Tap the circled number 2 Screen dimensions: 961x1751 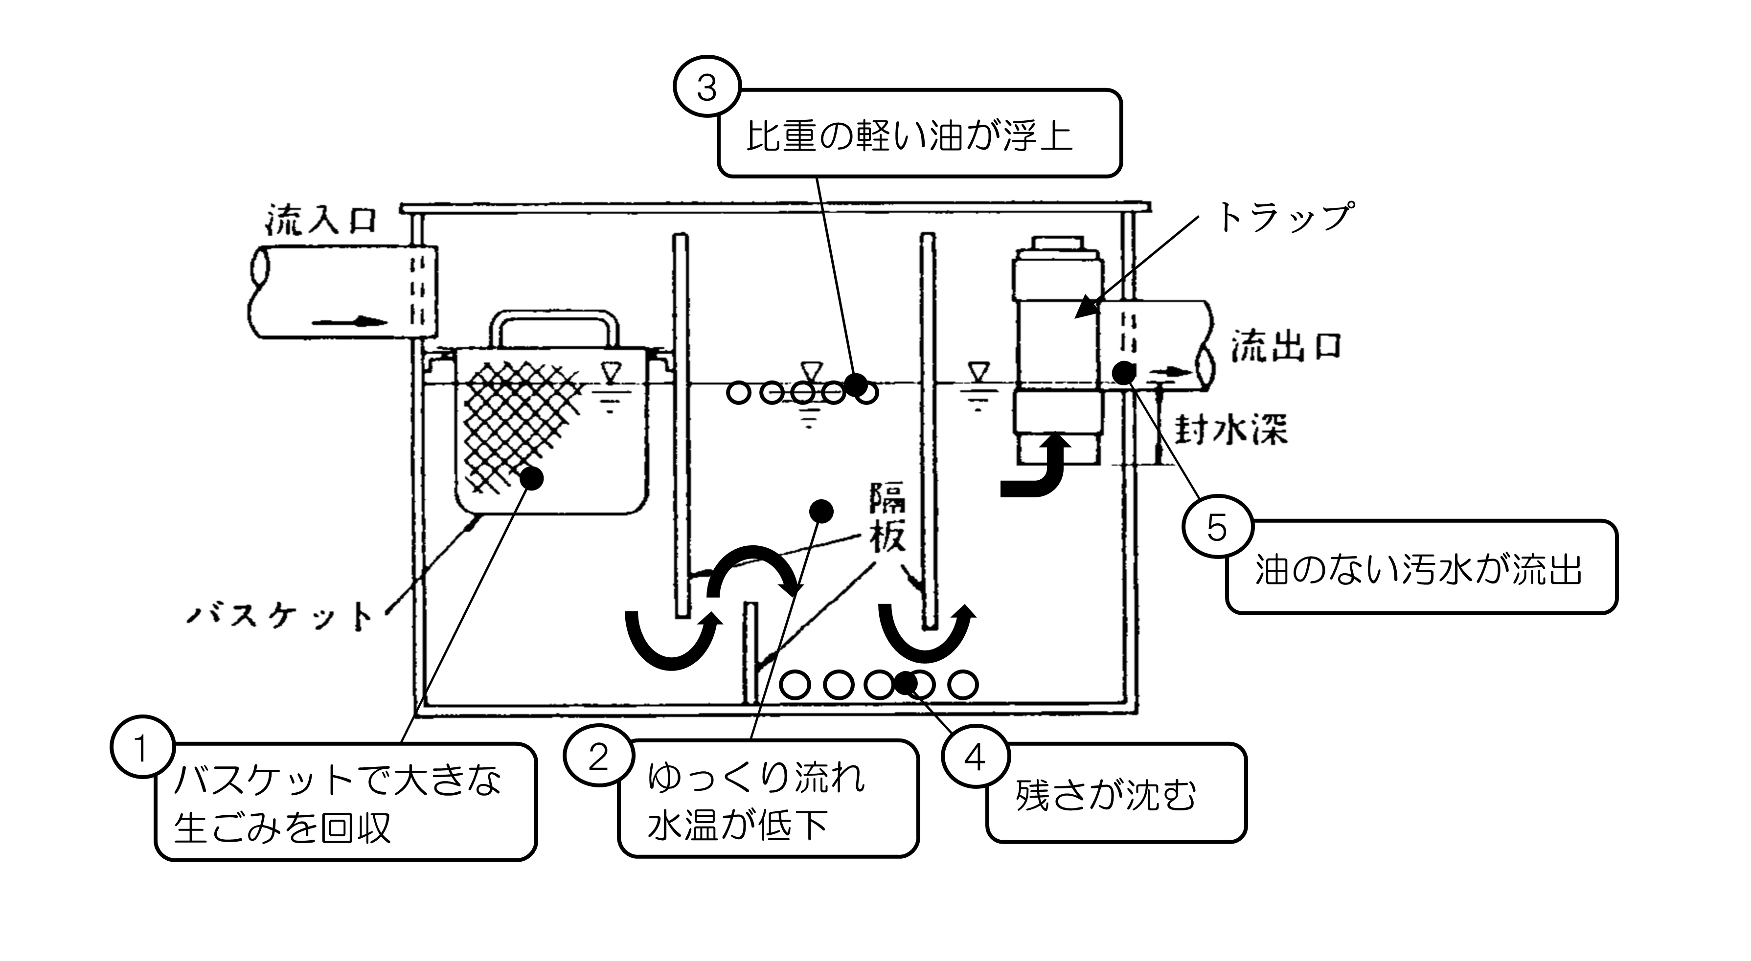pyautogui.click(x=597, y=757)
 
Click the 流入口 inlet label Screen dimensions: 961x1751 pyautogui.click(x=321, y=220)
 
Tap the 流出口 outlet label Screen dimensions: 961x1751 pyautogui.click(x=1287, y=347)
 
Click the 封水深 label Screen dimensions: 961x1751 pyautogui.click(x=1231, y=429)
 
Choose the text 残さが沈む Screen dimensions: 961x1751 pyautogui.click(x=1105, y=795)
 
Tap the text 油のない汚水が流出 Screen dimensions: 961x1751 pyautogui.click(x=1419, y=570)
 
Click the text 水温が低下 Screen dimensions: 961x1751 pyautogui.click(x=737, y=825)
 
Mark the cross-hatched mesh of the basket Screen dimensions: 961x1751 pyautogui.click(x=517, y=422)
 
